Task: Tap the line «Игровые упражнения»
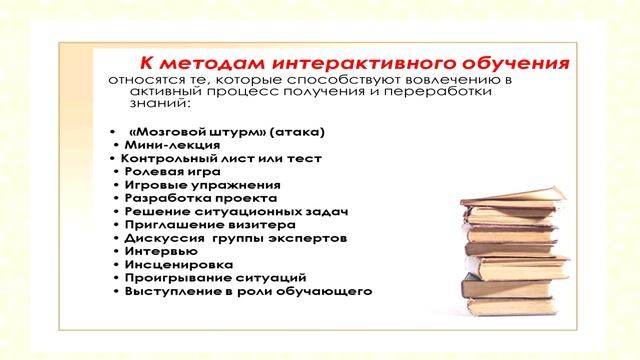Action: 188,185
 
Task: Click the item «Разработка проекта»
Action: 188,198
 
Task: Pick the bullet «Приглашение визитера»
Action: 196,225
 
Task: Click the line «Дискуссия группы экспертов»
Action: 235,239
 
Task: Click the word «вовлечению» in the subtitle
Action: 465,78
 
